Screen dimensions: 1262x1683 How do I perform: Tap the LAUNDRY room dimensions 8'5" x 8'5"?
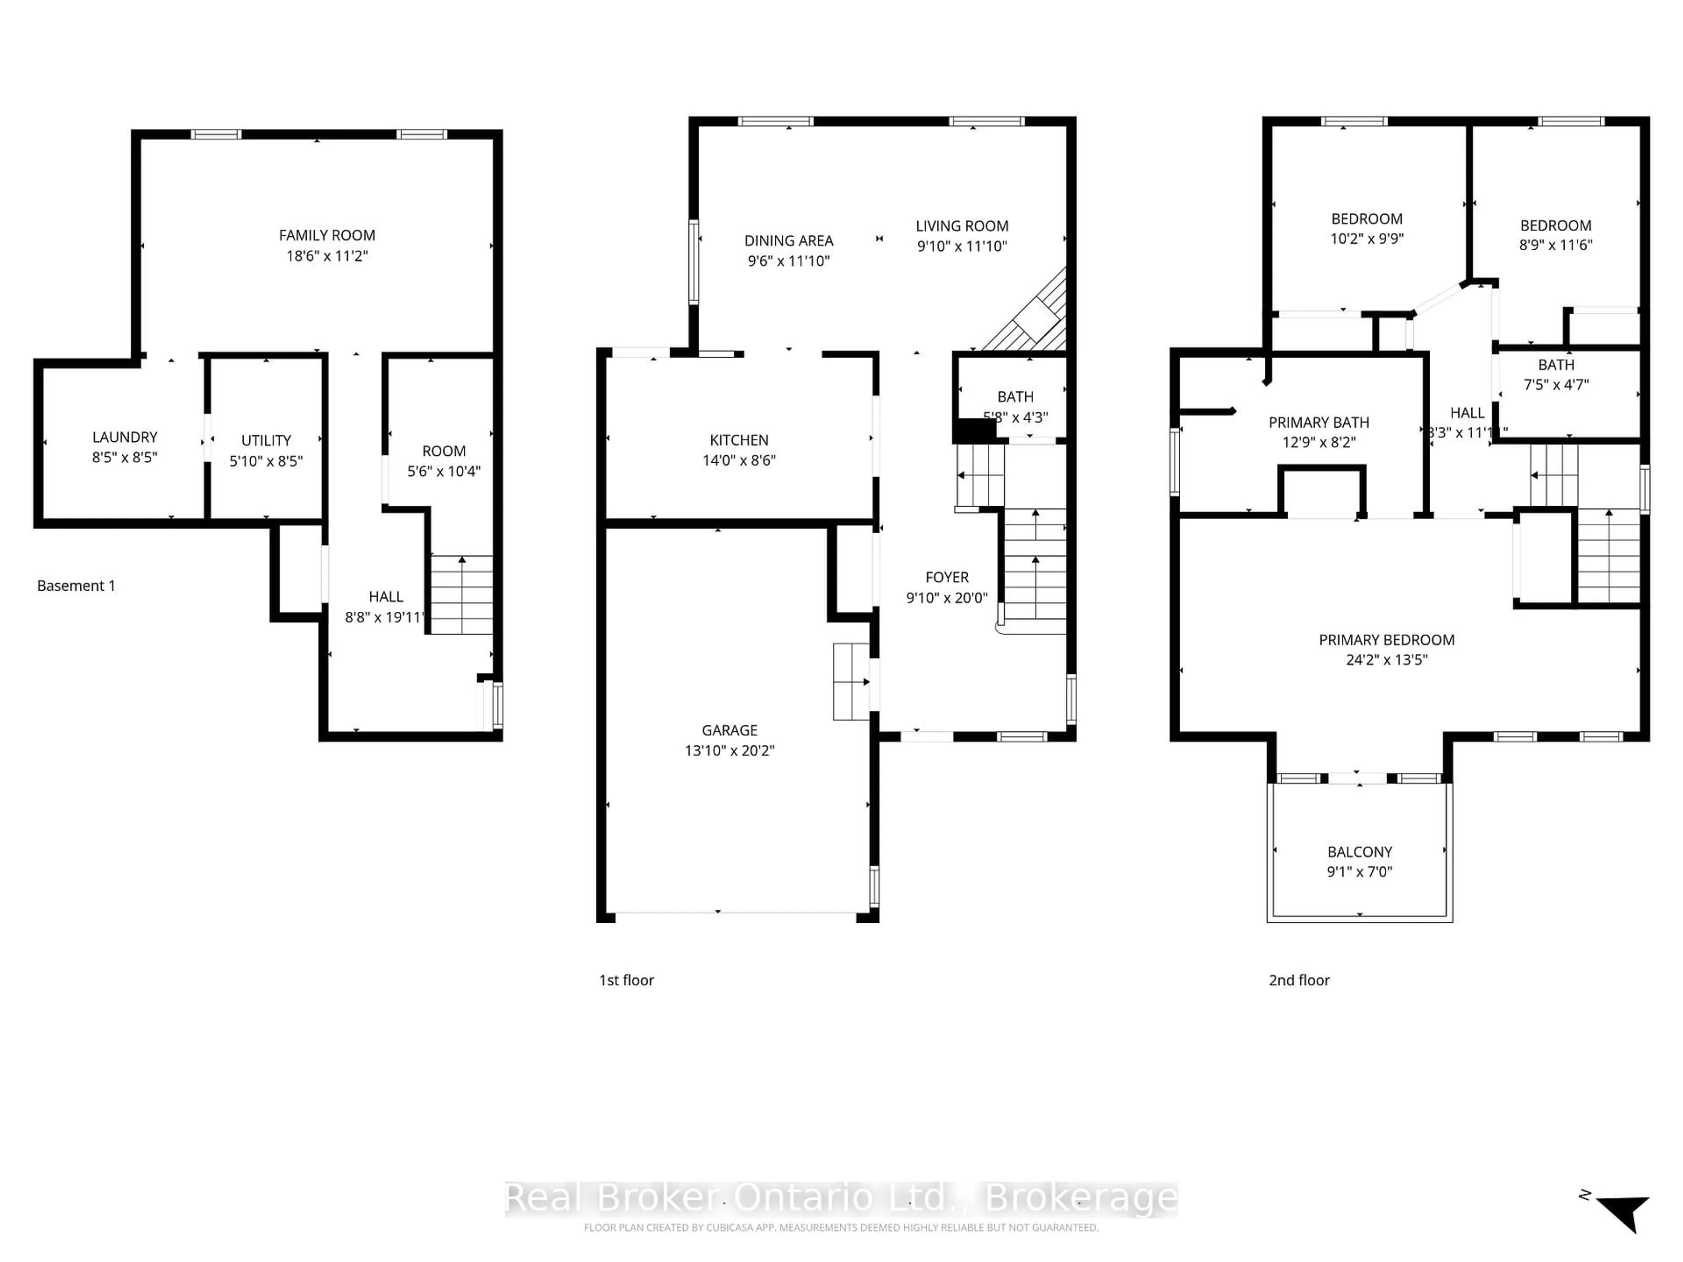[125, 457]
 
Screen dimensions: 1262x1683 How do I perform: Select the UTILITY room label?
[266, 440]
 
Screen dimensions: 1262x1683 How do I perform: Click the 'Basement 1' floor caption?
[76, 586]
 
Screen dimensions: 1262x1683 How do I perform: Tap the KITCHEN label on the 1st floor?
[739, 440]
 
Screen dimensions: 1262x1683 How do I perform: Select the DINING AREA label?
[788, 241]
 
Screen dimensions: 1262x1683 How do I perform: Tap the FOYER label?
[947, 578]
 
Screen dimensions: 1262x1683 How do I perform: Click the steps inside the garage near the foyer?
[851, 681]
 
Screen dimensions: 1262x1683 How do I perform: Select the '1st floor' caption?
[626, 980]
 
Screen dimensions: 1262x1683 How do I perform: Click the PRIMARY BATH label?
[1318, 422]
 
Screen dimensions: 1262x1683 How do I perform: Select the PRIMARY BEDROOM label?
[1386, 640]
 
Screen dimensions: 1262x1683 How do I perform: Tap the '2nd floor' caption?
[1299, 980]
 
